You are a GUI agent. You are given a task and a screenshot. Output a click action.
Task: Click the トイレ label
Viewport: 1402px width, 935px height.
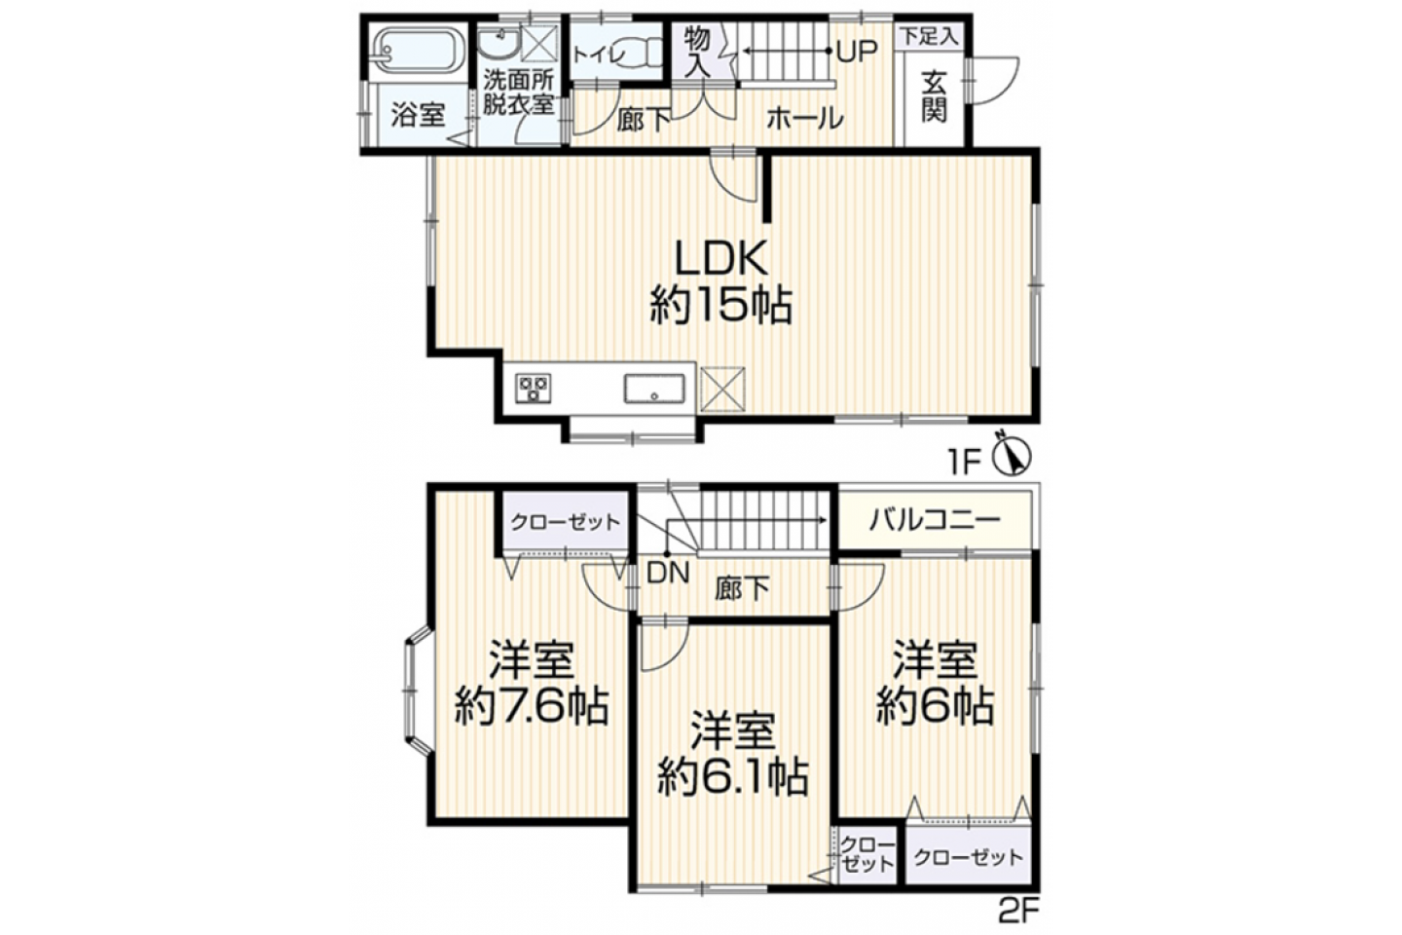tap(599, 56)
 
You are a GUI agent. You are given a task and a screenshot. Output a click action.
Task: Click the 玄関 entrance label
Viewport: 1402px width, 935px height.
tap(933, 98)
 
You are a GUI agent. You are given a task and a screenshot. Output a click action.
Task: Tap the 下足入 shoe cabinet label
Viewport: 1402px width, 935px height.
tap(929, 36)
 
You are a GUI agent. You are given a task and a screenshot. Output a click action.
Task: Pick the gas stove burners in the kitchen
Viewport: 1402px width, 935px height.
tap(534, 389)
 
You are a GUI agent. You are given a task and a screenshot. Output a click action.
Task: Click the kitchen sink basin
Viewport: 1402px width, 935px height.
tap(654, 389)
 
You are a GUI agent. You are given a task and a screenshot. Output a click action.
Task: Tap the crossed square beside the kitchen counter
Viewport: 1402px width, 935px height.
tap(722, 390)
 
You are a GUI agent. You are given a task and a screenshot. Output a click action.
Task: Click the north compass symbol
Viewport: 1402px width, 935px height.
tap(1013, 455)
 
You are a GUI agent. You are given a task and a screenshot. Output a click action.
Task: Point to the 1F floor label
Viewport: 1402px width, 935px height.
tap(965, 464)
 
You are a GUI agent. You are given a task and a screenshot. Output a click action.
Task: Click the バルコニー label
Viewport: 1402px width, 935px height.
tap(935, 520)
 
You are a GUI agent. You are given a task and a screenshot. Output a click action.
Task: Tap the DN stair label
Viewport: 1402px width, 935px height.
tap(668, 573)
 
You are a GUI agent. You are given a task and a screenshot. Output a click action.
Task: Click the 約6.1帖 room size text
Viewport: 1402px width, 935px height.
tap(732, 778)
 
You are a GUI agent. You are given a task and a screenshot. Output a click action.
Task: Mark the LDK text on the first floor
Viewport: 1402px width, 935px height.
tap(721, 257)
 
